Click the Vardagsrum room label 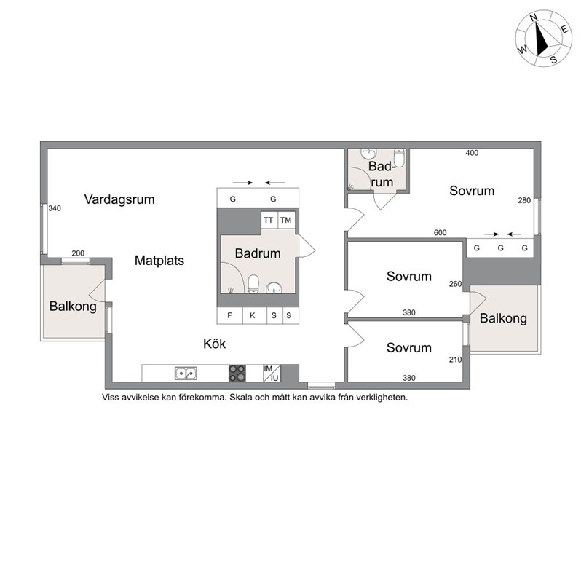coord(119,199)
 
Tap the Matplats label coord(159,261)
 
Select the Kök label coord(214,344)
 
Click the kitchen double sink coord(186,373)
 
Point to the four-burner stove coord(237,373)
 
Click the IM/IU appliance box coord(272,373)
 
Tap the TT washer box coord(269,220)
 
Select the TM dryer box coord(286,220)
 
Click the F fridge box coord(230,316)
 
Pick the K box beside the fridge coord(255,316)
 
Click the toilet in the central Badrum coord(253,284)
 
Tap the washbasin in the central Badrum coord(274,288)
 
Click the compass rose coord(544,39)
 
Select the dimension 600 coord(440,233)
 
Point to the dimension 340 coord(55,208)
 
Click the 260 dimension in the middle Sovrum coord(455,284)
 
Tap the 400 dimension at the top coord(472,153)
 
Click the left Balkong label coord(73,307)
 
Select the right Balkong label coord(503,318)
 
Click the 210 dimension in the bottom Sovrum coord(455,360)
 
